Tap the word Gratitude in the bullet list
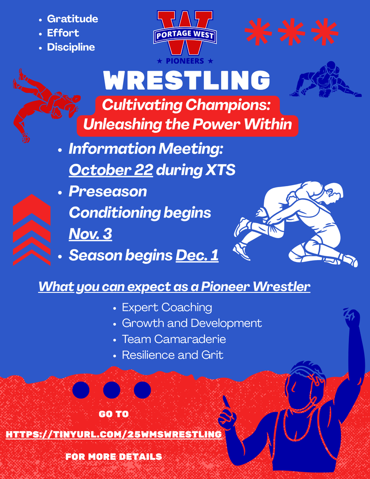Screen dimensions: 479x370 [x=73, y=19]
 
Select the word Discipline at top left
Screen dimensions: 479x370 [x=71, y=47]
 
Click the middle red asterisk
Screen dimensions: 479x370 [x=291, y=32]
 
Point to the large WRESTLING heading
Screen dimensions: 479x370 [x=187, y=80]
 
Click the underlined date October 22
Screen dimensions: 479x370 [x=111, y=170]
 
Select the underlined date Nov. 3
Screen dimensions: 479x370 [x=90, y=233]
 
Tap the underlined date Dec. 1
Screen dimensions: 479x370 [x=197, y=255]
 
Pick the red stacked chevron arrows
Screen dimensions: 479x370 [x=31, y=229]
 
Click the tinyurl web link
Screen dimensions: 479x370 [x=114, y=435]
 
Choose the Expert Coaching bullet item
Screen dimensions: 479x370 [x=167, y=307]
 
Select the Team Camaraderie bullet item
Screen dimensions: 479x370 [x=174, y=339]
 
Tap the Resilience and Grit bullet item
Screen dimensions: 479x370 [x=172, y=355]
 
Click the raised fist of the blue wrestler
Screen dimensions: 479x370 [x=351, y=318]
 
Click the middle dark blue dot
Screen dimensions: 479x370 [x=111, y=390]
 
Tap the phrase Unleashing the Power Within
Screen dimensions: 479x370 [x=187, y=124]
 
